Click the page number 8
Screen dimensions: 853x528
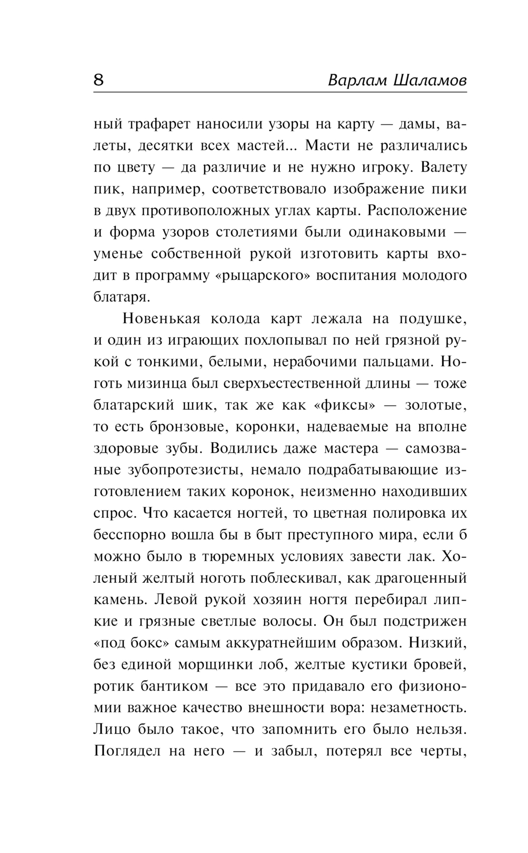(x=99, y=80)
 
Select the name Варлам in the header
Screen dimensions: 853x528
(x=358, y=81)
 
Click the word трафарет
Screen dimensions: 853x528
(x=161, y=125)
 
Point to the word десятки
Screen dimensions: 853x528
(x=164, y=146)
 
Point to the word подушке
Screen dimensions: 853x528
(x=432, y=319)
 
